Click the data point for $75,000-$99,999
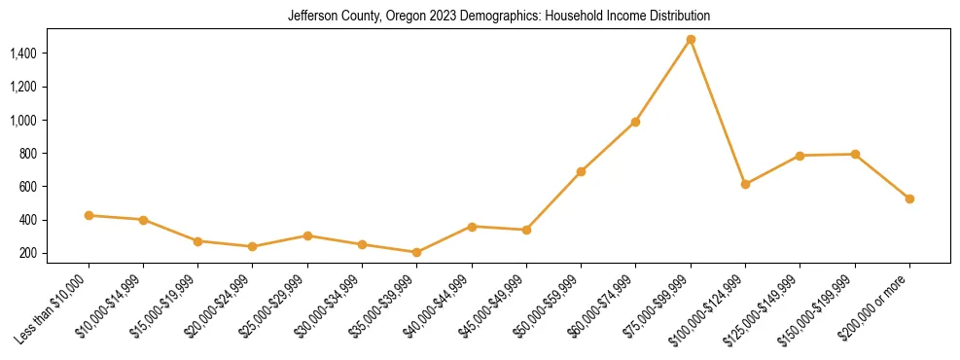tap(691, 40)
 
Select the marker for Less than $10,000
tap(89, 215)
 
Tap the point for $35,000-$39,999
tap(416, 252)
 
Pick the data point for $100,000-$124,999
tap(745, 184)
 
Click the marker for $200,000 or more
tap(909, 198)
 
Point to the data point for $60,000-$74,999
tap(635, 122)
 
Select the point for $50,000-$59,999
tap(581, 171)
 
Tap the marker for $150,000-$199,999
tap(855, 154)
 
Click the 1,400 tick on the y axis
tap(23, 53)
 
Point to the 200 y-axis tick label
tap(28, 253)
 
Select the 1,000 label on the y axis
tap(23, 120)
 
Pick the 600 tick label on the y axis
tap(28, 187)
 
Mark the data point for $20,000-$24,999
tap(253, 246)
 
